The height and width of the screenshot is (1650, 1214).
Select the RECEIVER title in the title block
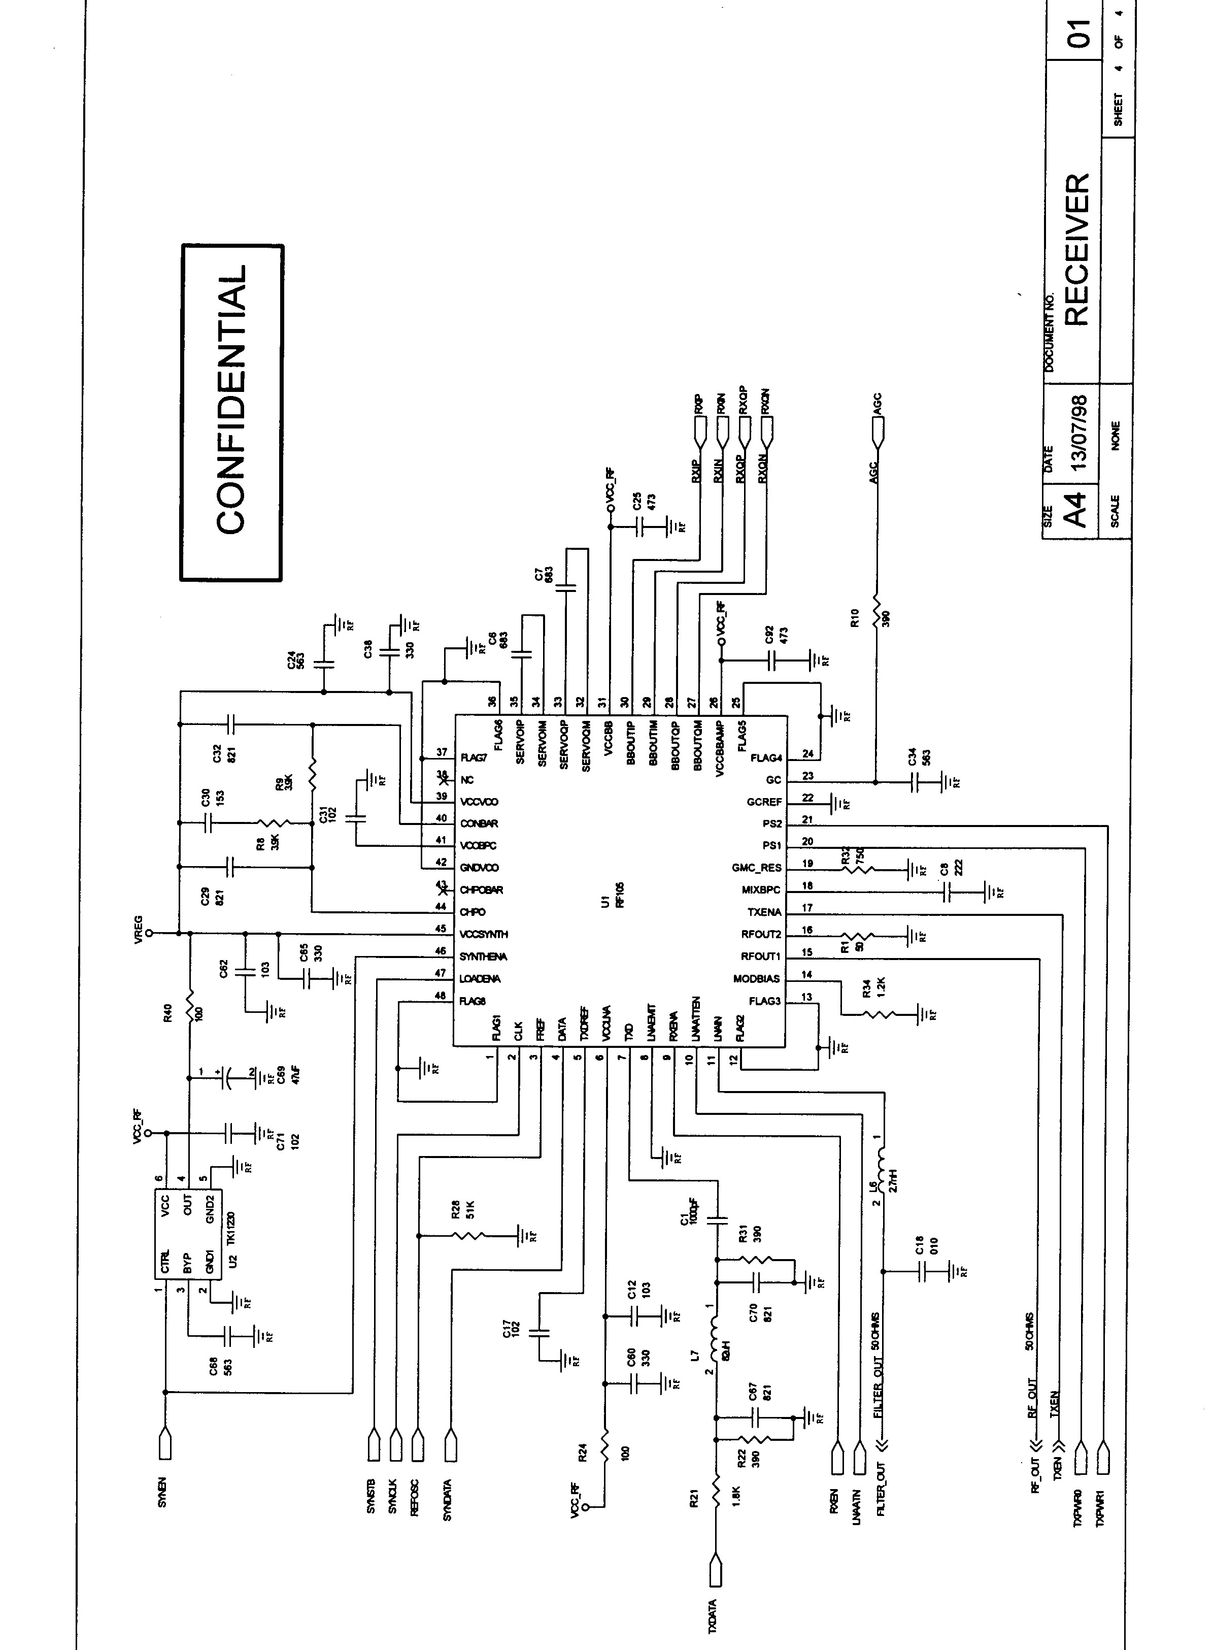(x=1076, y=249)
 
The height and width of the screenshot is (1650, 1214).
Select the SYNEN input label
(x=162, y=1493)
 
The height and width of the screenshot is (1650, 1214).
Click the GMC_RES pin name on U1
(x=757, y=867)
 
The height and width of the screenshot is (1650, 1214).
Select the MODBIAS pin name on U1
(x=756, y=978)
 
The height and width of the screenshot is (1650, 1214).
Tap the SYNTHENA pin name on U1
(x=484, y=956)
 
